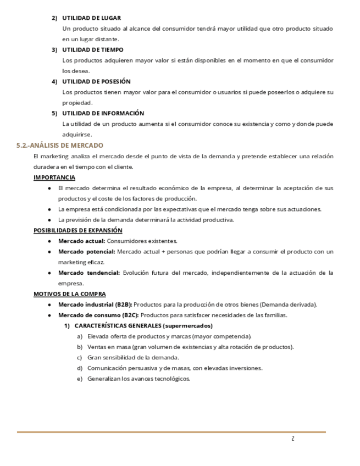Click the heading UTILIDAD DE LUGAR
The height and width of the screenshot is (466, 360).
click(x=91, y=18)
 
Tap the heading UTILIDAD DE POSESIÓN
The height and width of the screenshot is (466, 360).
click(x=96, y=81)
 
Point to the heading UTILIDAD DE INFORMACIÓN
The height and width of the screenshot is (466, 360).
click(x=103, y=113)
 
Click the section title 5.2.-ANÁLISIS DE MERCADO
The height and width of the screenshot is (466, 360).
click(x=60, y=146)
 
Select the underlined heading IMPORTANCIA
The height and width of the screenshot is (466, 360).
click(x=54, y=177)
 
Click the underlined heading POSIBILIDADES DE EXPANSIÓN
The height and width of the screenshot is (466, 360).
click(x=78, y=230)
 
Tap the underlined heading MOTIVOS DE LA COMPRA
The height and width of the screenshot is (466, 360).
click(x=70, y=294)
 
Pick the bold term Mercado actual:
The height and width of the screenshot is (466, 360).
click(x=81, y=241)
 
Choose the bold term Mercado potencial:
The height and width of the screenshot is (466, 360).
click(x=86, y=252)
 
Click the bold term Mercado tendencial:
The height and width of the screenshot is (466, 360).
click(x=88, y=273)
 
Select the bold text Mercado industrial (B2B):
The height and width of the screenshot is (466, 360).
click(x=95, y=304)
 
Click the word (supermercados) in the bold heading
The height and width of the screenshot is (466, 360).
click(x=188, y=326)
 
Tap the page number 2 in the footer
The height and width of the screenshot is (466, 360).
click(x=293, y=439)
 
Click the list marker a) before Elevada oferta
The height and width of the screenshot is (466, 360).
click(x=80, y=336)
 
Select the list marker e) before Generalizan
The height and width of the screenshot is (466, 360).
click(x=80, y=379)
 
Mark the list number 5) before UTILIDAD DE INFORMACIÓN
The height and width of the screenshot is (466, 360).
click(x=54, y=113)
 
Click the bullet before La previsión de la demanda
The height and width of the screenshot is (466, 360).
click(x=49, y=220)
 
